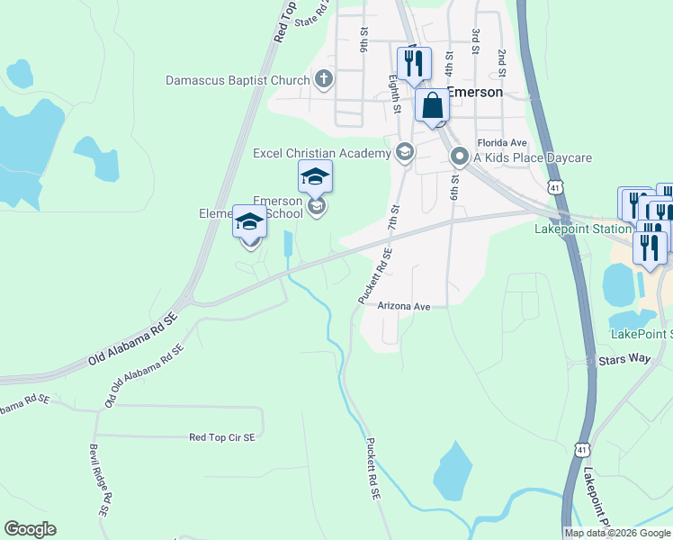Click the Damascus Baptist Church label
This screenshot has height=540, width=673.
tap(238, 80)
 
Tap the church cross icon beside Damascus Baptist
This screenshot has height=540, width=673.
tap(324, 80)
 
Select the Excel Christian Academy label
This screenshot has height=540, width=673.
tap(321, 153)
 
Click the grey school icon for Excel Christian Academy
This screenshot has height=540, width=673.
tap(404, 153)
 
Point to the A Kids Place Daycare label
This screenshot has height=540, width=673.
tap(533, 157)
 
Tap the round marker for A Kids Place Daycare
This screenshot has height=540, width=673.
tap(459, 158)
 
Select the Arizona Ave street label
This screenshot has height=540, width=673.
tap(404, 306)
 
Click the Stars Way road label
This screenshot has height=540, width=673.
tap(624, 360)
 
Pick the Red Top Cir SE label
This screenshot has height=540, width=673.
tap(222, 437)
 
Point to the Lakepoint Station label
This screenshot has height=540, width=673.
tap(582, 229)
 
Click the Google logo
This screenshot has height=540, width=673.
tap(30, 529)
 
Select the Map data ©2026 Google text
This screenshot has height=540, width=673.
tap(617, 533)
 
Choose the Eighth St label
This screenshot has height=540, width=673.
tap(394, 94)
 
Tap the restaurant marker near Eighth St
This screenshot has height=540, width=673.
tap(414, 63)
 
